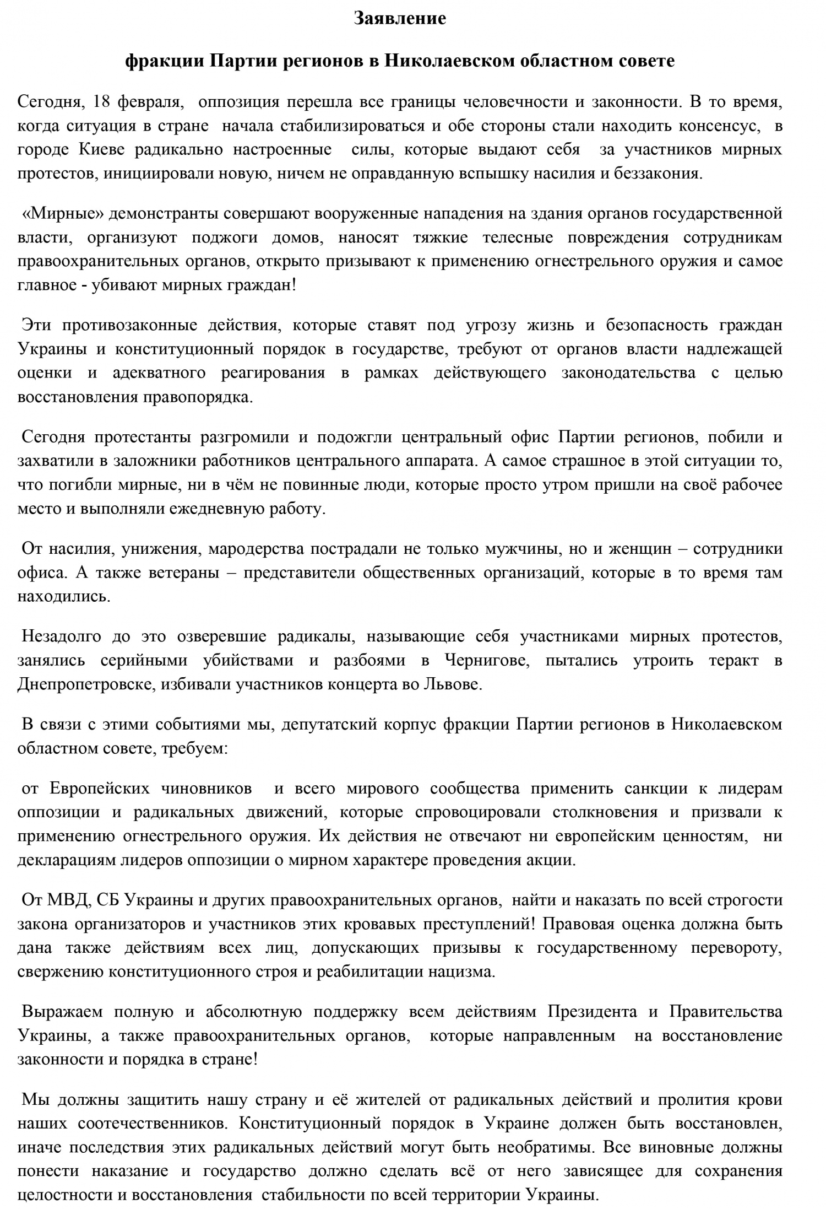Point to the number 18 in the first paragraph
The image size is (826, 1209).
point(103,102)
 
